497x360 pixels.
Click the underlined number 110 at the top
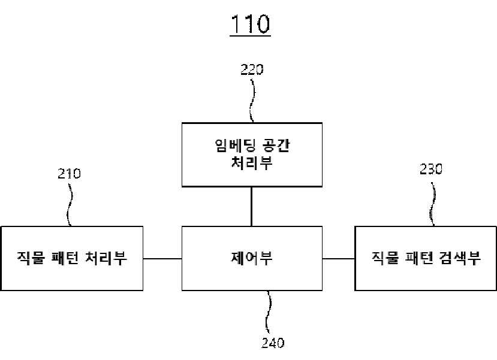pos(251,24)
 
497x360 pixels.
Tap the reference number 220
pos(252,69)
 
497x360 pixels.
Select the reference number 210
pos(69,173)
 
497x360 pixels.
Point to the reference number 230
pos(431,170)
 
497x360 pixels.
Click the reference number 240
pos(273,343)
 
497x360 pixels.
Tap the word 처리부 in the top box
pos(252,164)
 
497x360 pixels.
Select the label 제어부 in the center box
pos(252,258)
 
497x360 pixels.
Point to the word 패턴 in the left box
pos(65,258)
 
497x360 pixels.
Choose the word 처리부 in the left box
pos(106,258)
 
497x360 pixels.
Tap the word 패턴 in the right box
pos(419,258)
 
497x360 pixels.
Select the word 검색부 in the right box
pos(460,258)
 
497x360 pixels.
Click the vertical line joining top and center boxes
pos(252,207)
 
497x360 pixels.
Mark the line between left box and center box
pos(162,259)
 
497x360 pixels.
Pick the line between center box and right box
pos(339,259)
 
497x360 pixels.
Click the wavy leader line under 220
pos(252,101)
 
